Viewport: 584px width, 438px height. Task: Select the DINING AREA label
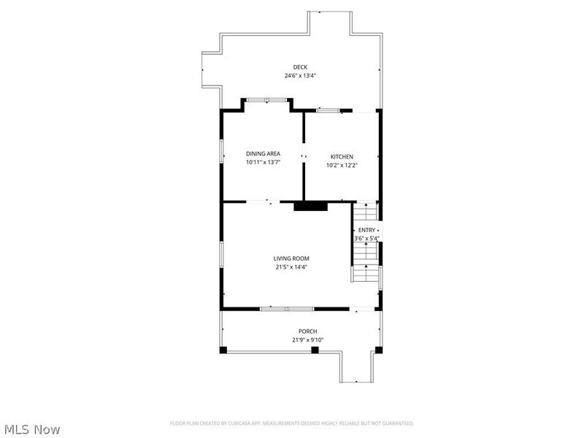pyautogui.click(x=263, y=153)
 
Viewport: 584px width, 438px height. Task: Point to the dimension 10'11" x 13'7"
pyautogui.click(x=263, y=162)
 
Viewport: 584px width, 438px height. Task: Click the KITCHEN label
pyautogui.click(x=342, y=157)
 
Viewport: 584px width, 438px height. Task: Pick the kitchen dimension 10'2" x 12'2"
pyautogui.click(x=342, y=165)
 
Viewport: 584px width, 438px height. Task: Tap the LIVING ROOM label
pyautogui.click(x=291, y=258)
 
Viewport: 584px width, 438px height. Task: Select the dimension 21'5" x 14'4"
pyautogui.click(x=291, y=267)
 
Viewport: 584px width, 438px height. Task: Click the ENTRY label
pyautogui.click(x=366, y=230)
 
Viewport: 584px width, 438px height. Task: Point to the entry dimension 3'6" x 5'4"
pyautogui.click(x=366, y=238)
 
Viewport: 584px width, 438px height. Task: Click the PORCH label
pyautogui.click(x=307, y=331)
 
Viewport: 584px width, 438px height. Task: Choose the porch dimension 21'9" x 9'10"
pyautogui.click(x=307, y=339)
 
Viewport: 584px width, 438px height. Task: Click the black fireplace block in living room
pyautogui.click(x=310, y=207)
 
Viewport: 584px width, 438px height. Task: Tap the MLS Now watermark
pyautogui.click(x=33, y=429)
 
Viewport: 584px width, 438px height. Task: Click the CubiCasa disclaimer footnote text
pyautogui.click(x=292, y=423)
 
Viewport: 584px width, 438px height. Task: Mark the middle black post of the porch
pyautogui.click(x=315, y=350)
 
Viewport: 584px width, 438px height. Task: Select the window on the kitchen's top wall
pyautogui.click(x=328, y=111)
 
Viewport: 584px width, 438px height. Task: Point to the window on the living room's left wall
pyautogui.click(x=222, y=255)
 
